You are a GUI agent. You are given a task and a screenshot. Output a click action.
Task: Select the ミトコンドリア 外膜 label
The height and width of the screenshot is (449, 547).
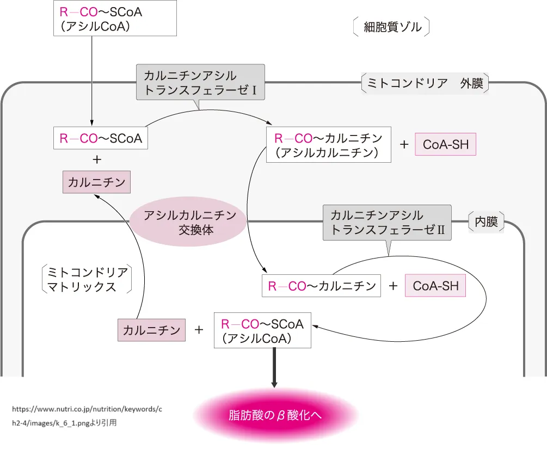pyautogui.click(x=425, y=84)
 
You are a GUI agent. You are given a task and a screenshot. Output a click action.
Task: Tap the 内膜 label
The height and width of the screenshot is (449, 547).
pyautogui.click(x=487, y=222)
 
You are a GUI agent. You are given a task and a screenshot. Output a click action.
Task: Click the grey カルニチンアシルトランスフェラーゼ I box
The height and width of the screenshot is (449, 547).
pyautogui.click(x=200, y=82)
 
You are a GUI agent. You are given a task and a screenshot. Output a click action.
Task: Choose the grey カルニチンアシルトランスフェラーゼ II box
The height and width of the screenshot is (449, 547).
pyautogui.click(x=387, y=223)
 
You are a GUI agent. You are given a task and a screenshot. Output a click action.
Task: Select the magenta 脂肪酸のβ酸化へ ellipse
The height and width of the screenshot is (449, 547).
pyautogui.click(x=275, y=415)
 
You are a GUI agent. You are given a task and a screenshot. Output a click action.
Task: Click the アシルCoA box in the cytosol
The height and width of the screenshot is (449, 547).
pyautogui.click(x=115, y=19)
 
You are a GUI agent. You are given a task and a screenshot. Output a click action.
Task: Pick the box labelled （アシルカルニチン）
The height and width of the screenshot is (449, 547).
pyautogui.click(x=329, y=145)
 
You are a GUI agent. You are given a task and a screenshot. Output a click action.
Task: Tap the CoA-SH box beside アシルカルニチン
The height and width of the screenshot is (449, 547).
pyautogui.click(x=445, y=145)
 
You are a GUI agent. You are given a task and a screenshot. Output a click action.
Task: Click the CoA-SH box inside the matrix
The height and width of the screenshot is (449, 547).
pyautogui.click(x=435, y=286)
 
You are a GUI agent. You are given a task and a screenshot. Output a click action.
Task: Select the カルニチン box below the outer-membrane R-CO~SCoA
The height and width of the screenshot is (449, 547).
pyautogui.click(x=97, y=182)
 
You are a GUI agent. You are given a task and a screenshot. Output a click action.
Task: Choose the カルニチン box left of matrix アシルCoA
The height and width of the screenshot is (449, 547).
pyautogui.click(x=151, y=330)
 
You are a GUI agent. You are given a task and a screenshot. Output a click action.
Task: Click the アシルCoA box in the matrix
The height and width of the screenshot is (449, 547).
pyautogui.click(x=262, y=330)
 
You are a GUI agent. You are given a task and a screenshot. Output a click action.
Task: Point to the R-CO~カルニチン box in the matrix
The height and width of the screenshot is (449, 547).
pyautogui.click(x=321, y=286)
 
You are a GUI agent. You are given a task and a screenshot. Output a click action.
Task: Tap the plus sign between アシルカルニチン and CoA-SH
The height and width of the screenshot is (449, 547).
pyautogui.click(x=404, y=145)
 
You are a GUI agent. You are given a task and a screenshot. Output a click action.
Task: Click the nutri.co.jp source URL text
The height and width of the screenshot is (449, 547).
pyautogui.click(x=87, y=408)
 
